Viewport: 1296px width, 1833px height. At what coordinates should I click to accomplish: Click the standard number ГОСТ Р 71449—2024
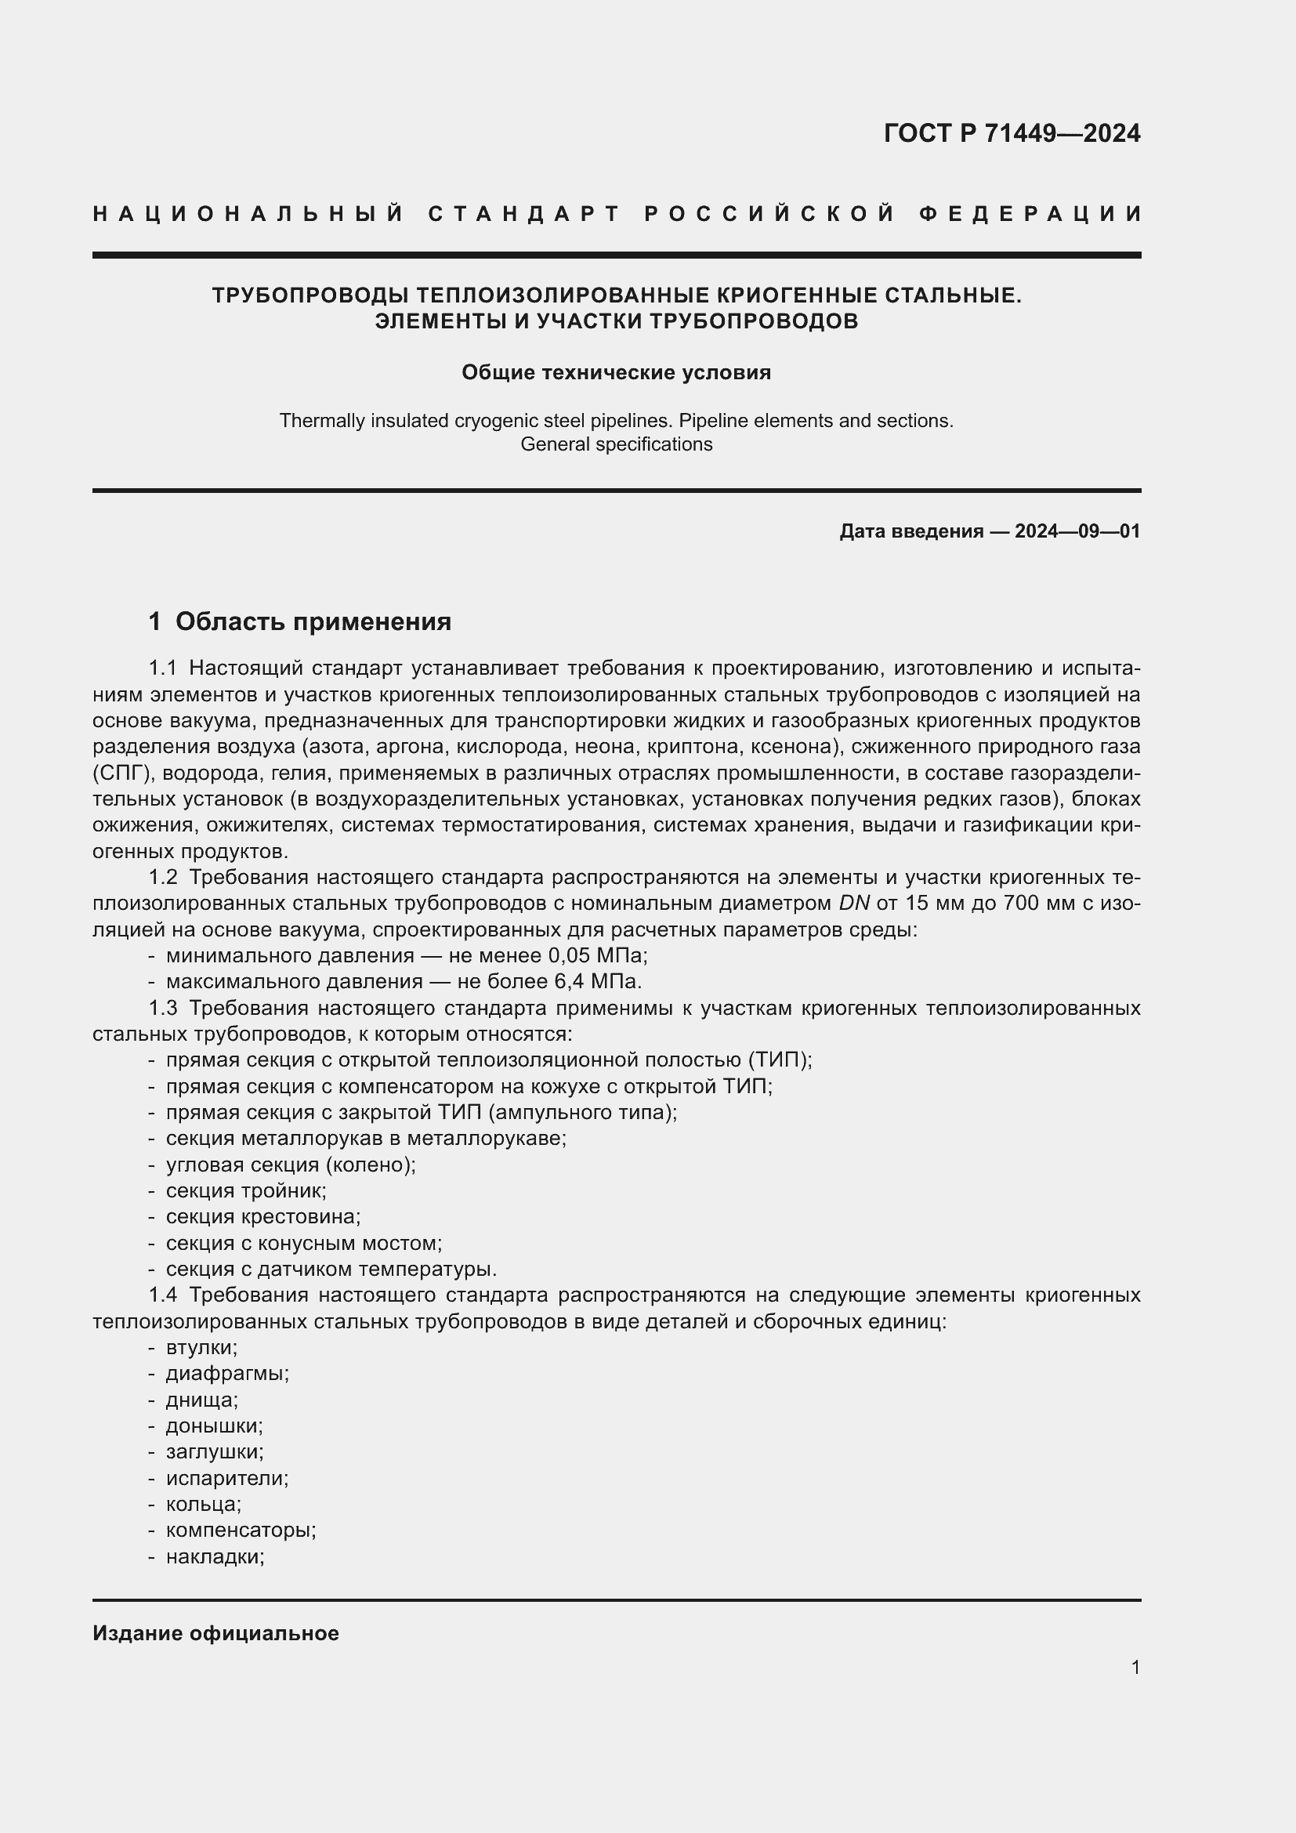1011,133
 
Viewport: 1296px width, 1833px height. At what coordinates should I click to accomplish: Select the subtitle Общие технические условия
616,373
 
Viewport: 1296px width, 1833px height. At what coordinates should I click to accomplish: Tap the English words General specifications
616,444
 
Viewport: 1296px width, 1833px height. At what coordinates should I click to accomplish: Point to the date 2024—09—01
1077,531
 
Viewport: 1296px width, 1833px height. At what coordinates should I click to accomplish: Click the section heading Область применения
313,621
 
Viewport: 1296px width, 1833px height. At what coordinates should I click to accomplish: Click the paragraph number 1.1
163,668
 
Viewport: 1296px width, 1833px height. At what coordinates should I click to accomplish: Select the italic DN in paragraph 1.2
854,904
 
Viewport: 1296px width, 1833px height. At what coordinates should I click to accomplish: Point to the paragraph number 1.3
163,1009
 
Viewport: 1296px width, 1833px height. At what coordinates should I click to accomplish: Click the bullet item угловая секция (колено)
291,1165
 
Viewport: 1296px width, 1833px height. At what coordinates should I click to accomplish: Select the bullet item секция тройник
246,1191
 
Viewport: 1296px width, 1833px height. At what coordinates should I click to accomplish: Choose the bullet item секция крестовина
263,1217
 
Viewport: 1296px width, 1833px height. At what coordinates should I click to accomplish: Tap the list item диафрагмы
226,1374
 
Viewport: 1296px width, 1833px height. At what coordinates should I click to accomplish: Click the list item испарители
226,1479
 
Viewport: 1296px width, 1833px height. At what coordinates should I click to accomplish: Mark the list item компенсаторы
241,1531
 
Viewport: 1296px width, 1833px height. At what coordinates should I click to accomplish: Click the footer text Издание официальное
215,1633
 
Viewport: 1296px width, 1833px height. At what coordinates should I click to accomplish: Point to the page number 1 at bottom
1135,1667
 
